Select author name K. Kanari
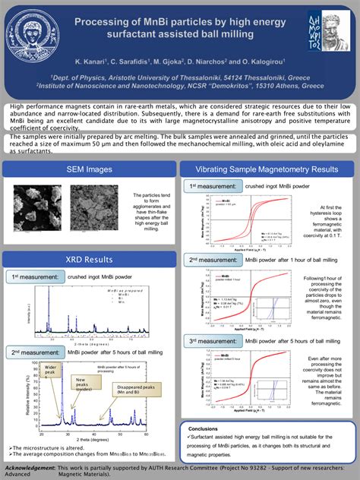[93, 60]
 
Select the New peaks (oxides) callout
[84, 383]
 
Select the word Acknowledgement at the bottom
[31, 468]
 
